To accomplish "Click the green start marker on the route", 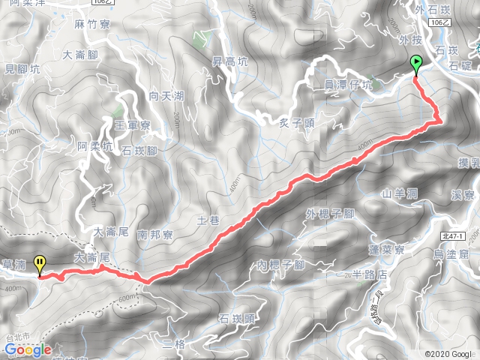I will (416, 64).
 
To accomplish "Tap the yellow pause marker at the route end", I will (40, 264).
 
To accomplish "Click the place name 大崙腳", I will (82, 55).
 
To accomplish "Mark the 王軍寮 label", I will (133, 124).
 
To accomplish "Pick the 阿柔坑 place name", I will (95, 146).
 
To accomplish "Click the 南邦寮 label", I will (156, 235).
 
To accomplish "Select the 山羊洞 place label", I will (399, 193).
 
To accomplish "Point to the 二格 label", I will (174, 343).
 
